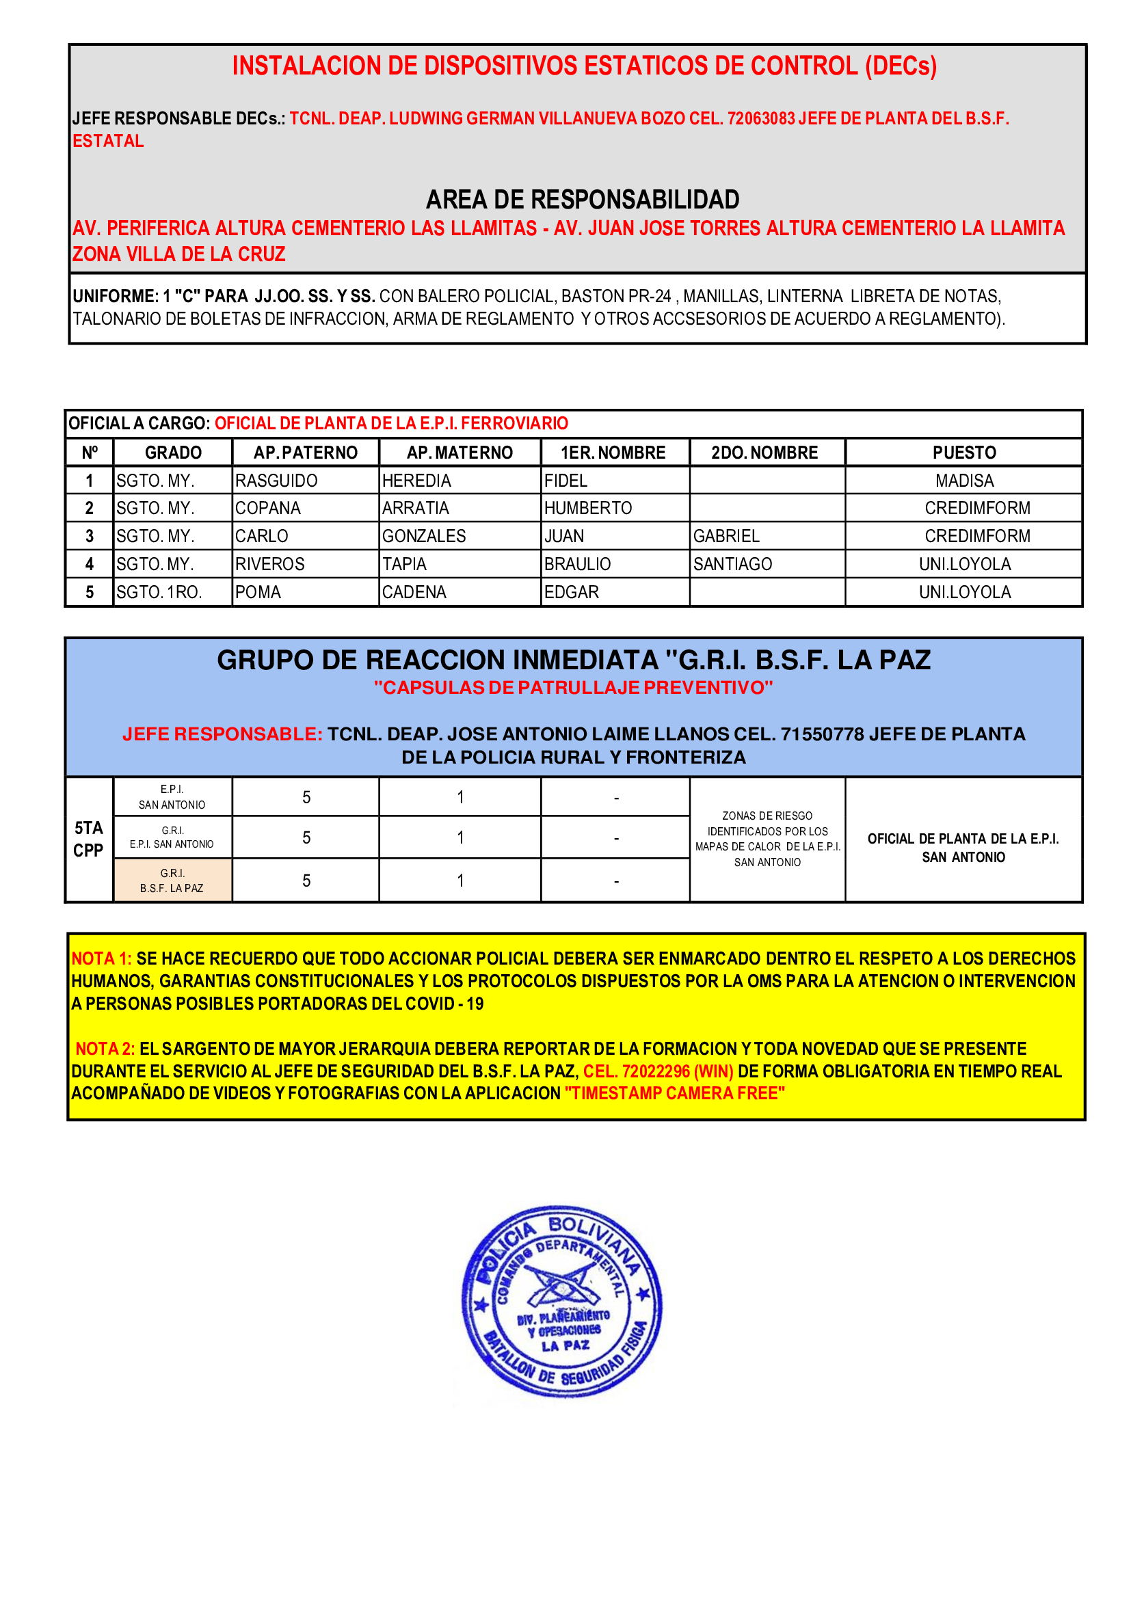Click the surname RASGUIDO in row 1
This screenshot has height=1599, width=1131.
(x=276, y=481)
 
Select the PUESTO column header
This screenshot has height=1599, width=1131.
(x=964, y=453)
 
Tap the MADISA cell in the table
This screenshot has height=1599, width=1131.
(x=964, y=481)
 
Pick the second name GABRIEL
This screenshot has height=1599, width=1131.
(x=726, y=536)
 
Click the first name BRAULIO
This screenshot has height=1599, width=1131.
(x=577, y=564)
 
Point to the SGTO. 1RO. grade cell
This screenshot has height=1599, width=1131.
(x=159, y=592)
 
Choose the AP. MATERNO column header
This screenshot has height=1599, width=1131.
(x=460, y=453)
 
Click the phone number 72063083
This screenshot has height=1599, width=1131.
(x=761, y=118)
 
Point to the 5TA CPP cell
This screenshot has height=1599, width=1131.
(x=88, y=839)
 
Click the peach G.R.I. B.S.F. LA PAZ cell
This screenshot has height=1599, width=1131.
(x=172, y=881)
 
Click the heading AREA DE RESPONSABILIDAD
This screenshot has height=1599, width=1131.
(x=582, y=200)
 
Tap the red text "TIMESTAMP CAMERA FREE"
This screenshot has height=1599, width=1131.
(x=674, y=1093)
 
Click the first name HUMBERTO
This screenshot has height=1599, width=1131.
(x=588, y=509)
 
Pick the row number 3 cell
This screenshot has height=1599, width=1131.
(x=89, y=536)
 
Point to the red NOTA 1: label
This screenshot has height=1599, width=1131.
(x=102, y=958)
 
